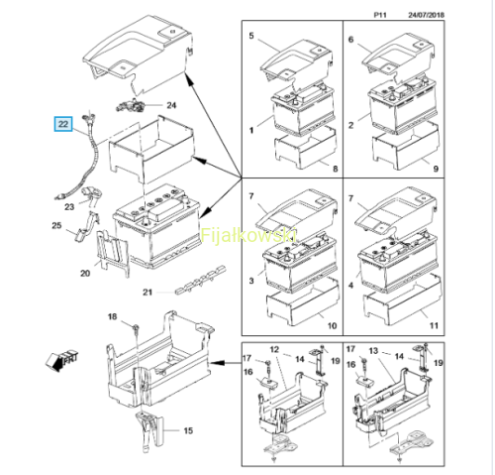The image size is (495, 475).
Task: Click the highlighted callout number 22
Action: click(x=63, y=124)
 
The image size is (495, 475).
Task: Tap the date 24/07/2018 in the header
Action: click(x=426, y=15)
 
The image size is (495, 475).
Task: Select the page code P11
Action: click(x=380, y=15)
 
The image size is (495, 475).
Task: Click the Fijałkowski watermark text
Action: click(x=248, y=235)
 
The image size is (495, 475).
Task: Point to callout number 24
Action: click(x=171, y=105)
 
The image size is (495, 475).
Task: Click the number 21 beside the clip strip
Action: click(x=148, y=293)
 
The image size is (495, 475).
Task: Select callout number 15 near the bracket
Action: click(x=188, y=430)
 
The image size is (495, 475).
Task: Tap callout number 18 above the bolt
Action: click(x=112, y=316)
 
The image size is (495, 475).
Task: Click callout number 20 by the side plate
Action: click(x=85, y=274)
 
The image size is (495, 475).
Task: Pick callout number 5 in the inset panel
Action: click(x=251, y=36)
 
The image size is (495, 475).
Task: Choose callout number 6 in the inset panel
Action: click(x=350, y=40)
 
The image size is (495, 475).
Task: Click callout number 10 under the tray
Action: click(x=332, y=326)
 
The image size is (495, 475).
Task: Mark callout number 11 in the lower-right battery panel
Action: click(x=434, y=326)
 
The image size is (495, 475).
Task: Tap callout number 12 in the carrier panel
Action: click(x=274, y=350)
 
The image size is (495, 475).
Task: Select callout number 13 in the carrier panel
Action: click(x=373, y=351)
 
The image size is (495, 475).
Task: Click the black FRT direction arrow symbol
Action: click(x=62, y=361)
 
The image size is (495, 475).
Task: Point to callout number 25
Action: click(x=56, y=225)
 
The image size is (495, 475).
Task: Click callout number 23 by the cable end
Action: click(x=69, y=207)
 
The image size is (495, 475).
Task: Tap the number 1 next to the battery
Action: click(x=251, y=130)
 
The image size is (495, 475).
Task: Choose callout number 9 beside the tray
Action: click(x=436, y=169)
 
